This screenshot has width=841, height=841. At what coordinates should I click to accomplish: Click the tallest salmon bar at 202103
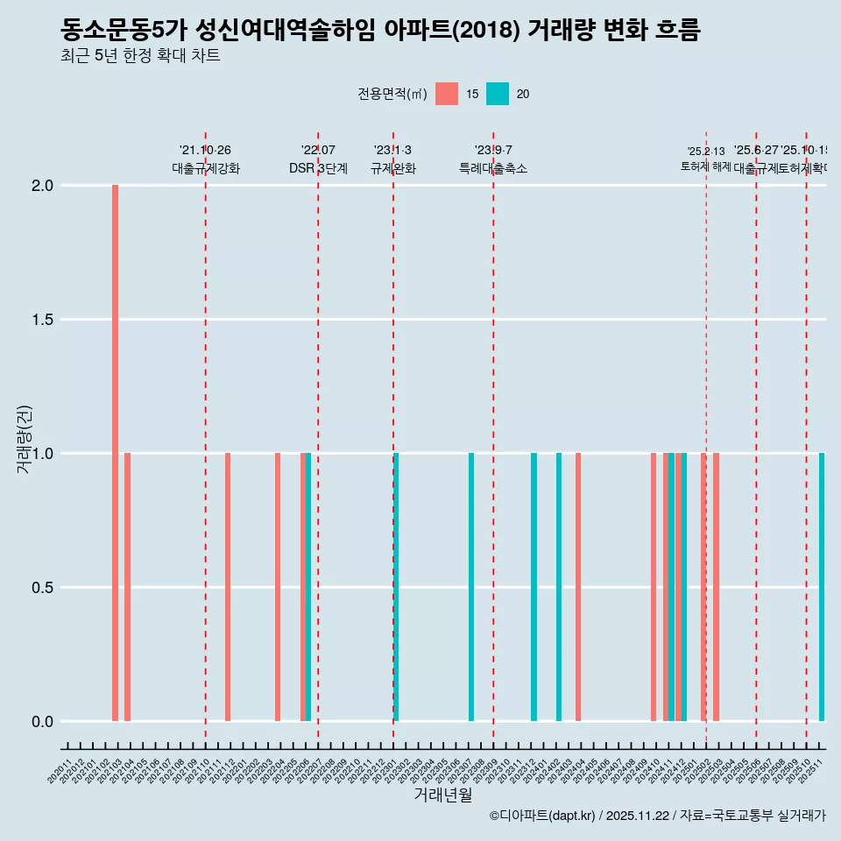pyautogui.click(x=115, y=453)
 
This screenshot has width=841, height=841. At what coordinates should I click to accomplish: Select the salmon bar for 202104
pyautogui.click(x=128, y=587)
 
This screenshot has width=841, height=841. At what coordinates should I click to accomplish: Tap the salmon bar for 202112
pyautogui.click(x=228, y=587)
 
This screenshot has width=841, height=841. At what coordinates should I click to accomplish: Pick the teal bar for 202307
pyautogui.click(x=471, y=587)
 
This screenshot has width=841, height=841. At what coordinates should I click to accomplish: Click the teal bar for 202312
pyautogui.click(x=534, y=587)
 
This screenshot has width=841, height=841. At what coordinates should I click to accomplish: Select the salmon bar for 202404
pyautogui.click(x=578, y=587)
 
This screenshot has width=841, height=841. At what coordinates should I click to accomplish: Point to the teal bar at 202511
pyautogui.click(x=822, y=587)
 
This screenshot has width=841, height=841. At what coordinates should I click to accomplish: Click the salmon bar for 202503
pyautogui.click(x=716, y=587)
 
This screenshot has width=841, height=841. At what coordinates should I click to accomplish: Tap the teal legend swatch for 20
pyautogui.click(x=498, y=94)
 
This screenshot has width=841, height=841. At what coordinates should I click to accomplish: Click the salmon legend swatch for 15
pyautogui.click(x=447, y=94)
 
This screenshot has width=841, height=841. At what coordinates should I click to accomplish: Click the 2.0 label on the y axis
pyautogui.click(x=42, y=186)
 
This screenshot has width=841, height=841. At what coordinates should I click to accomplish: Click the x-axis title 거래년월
pyautogui.click(x=442, y=795)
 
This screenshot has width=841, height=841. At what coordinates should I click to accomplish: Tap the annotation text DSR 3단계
pyautogui.click(x=318, y=169)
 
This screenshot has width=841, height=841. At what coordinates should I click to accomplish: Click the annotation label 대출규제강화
pyautogui.click(x=205, y=169)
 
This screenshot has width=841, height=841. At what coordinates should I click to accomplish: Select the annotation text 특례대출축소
pyautogui.click(x=493, y=169)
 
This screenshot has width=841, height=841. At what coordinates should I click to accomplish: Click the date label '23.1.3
pyautogui.click(x=392, y=151)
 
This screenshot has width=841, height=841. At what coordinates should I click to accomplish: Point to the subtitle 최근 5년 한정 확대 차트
pyautogui.click(x=140, y=56)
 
